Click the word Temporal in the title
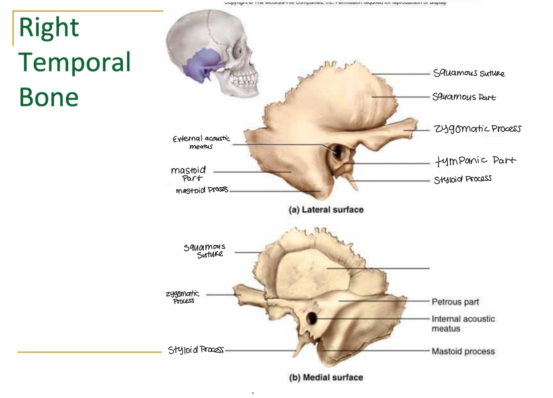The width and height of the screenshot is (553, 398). (x=75, y=62)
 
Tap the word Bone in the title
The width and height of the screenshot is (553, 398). (x=49, y=97)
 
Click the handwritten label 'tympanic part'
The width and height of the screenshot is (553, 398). (x=475, y=160)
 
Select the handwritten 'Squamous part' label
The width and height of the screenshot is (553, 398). (x=464, y=97)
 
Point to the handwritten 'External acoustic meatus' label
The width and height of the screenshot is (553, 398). (x=201, y=142)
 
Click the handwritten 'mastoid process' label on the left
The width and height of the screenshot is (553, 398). (x=202, y=190)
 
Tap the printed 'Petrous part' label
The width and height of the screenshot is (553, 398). (x=455, y=302)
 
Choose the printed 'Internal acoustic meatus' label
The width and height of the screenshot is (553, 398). (x=463, y=323)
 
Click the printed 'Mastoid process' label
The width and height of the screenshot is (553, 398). (x=463, y=351)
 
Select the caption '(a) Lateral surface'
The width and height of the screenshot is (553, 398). (x=326, y=210)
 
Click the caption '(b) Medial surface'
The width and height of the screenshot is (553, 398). (x=326, y=377)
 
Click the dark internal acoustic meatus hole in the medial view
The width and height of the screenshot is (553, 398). (x=311, y=318)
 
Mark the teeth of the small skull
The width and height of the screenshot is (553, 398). (x=244, y=78)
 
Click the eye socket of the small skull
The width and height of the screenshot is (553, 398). (x=238, y=51)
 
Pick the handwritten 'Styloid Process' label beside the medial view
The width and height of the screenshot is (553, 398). (x=196, y=350)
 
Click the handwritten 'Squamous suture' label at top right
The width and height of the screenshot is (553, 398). (x=469, y=73)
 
